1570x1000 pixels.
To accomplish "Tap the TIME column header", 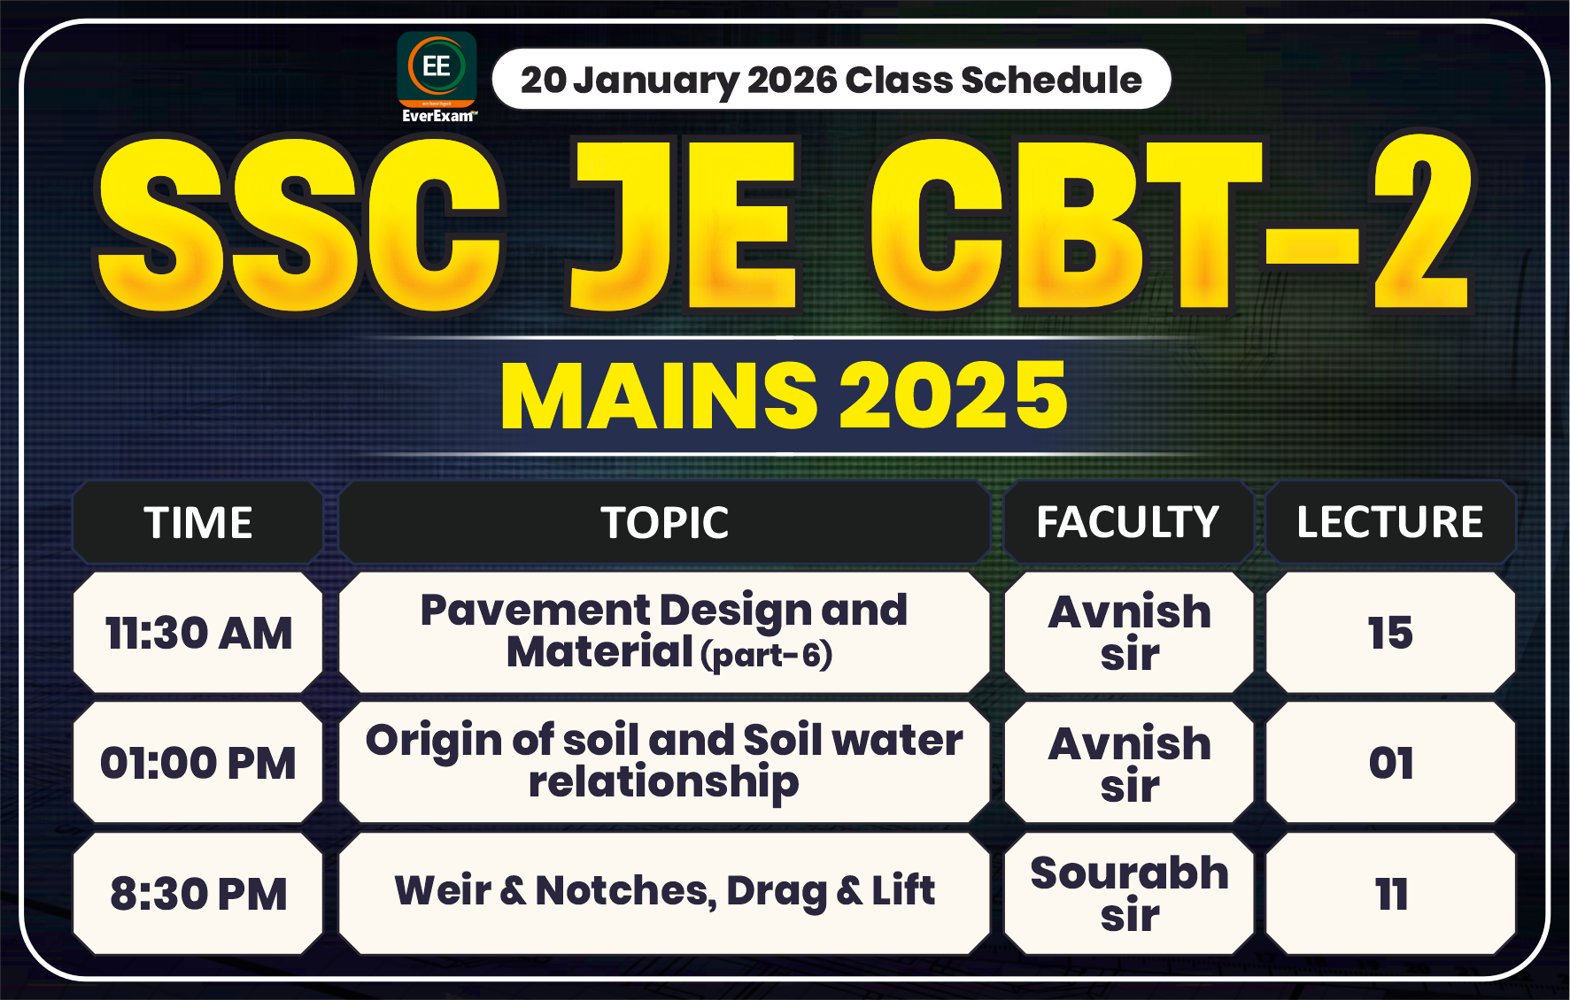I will (198, 522).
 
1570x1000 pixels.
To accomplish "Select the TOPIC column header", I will (664, 522).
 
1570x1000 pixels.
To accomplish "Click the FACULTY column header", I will (1128, 522).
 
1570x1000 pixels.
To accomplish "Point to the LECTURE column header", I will (1390, 522).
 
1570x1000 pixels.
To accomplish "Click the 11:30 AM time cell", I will (198, 633).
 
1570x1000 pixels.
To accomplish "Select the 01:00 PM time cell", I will (198, 763).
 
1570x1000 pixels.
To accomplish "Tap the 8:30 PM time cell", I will (198, 894).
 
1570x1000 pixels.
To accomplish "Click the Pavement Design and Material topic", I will (664, 632).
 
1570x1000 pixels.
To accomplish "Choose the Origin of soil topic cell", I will (664, 762).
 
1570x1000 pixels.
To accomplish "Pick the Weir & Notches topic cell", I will (664, 891).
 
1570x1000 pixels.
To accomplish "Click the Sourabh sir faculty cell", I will (1129, 894).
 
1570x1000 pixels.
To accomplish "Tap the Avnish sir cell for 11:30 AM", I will (1129, 633).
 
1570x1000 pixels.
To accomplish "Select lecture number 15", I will (1390, 633).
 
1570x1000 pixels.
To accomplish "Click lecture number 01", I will (1390, 763).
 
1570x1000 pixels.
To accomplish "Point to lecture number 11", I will (1390, 894).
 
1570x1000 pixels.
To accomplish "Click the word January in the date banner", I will (655, 81).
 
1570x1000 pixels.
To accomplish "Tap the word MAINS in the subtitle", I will (659, 396).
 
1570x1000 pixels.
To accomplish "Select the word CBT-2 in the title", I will (1169, 226).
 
